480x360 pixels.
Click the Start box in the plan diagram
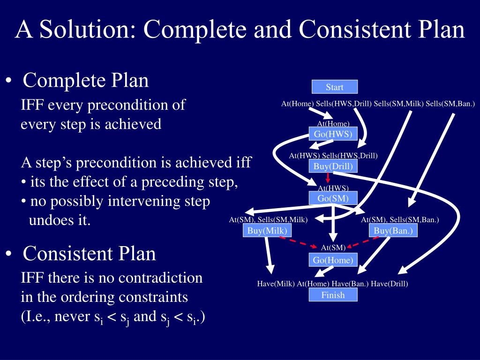tap(335, 87)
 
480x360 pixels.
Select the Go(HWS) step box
tap(333, 134)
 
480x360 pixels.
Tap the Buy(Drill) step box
tap(333, 166)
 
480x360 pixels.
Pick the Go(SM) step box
tap(333, 198)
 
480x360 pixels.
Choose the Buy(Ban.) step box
tap(393, 230)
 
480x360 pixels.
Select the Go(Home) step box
tap(333, 260)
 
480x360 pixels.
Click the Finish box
tap(333, 295)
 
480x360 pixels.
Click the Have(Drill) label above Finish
tap(390, 284)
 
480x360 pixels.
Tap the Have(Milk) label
tap(276, 284)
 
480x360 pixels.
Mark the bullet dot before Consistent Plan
tap(9, 254)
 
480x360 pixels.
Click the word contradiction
tap(160, 278)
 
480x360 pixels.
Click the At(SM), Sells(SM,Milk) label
tap(268, 219)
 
